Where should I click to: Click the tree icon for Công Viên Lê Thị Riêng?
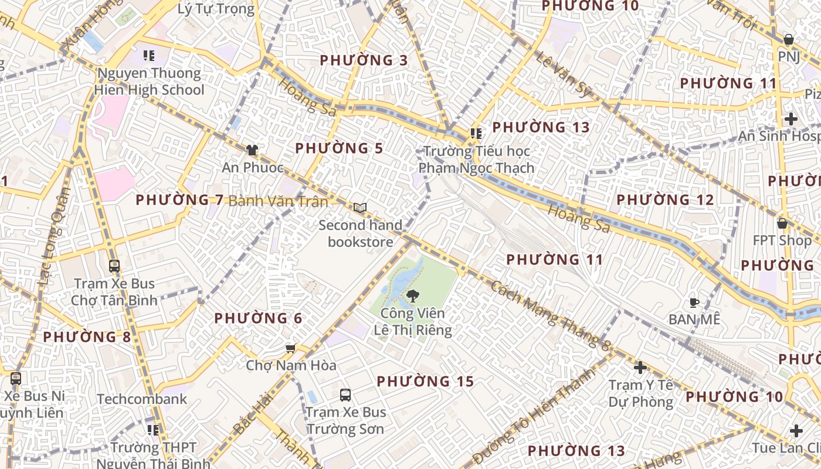[413, 295]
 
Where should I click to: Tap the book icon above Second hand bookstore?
[360, 208]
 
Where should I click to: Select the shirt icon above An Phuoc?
[252, 150]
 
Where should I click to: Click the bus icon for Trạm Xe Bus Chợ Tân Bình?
[114, 266]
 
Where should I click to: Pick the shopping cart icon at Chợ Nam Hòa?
[290, 349]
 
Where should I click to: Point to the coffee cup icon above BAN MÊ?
[694, 303]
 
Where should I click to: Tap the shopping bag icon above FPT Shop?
[782, 223]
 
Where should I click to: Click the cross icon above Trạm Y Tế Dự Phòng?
[640, 368]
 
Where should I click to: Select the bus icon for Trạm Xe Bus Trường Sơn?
[345, 395]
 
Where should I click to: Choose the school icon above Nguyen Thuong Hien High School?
[149, 56]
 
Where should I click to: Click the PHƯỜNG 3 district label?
[364, 60]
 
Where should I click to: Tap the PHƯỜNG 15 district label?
[425, 382]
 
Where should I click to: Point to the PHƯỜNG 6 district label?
[258, 318]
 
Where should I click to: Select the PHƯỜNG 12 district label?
[665, 200]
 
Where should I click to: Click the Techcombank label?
[142, 399]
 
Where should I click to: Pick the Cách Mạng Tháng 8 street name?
[550, 315]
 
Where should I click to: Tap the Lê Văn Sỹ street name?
[564, 74]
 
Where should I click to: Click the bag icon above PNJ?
[789, 40]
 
